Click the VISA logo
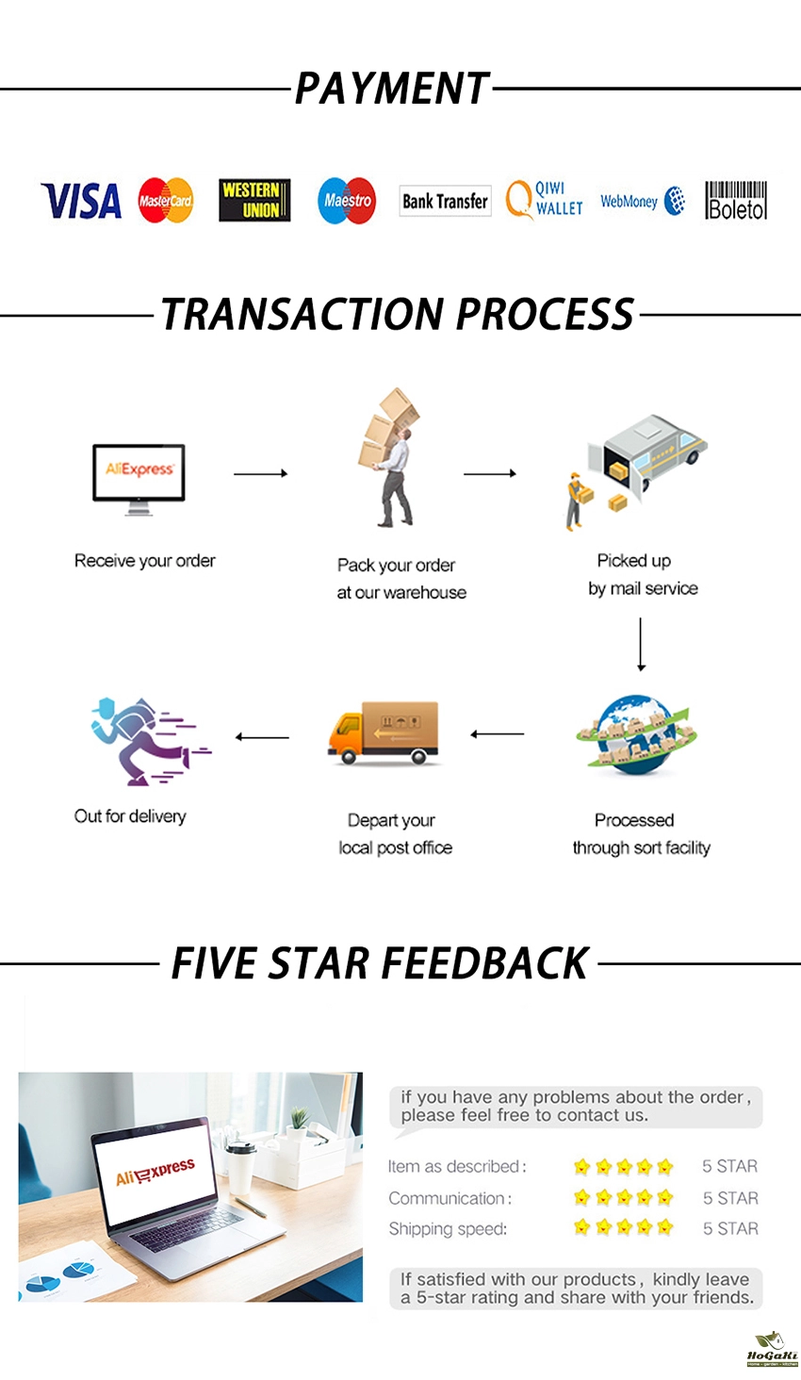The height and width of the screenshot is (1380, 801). tap(81, 201)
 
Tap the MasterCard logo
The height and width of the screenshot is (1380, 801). tap(166, 200)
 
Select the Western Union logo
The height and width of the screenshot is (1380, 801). tap(254, 200)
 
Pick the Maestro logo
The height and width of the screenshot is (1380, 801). tap(347, 200)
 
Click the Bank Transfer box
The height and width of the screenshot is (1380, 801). tap(445, 201)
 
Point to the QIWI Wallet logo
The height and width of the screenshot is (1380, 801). tap(544, 200)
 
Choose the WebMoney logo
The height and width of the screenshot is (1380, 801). tap(643, 201)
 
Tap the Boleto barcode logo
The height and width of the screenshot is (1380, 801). tap(736, 200)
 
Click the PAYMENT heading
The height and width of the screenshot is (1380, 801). tap(392, 88)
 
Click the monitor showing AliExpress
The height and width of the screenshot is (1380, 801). tap(139, 479)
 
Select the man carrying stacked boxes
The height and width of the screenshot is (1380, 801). tap(389, 457)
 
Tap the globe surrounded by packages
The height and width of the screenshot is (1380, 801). tap(636, 734)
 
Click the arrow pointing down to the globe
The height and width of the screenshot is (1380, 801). tap(641, 645)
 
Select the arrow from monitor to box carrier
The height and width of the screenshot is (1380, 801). tap(260, 473)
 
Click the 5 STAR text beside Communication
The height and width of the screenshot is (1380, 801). tap(731, 1198)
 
